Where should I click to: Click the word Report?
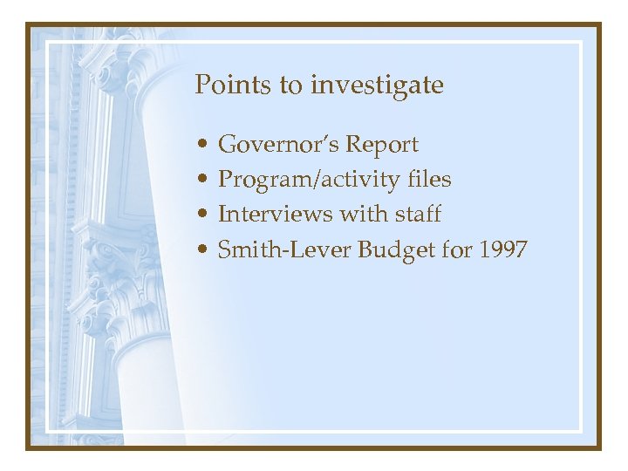click(x=383, y=144)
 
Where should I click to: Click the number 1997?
click(x=502, y=249)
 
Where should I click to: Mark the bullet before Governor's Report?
click(x=201, y=145)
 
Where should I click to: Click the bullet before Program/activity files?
click(x=201, y=181)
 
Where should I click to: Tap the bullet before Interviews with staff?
click(x=201, y=215)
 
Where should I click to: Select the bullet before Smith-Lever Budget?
click(x=201, y=251)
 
